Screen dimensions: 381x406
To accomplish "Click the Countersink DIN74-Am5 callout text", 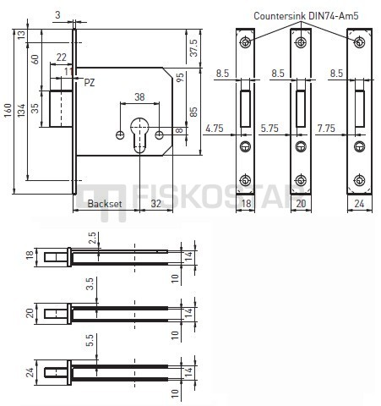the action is pyautogui.click(x=306, y=16).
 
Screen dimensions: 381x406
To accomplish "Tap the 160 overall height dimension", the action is pyautogui.click(x=8, y=110).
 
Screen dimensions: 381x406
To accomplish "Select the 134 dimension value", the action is pyautogui.click(x=21, y=110).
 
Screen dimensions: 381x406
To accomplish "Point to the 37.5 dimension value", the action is pyautogui.click(x=194, y=48).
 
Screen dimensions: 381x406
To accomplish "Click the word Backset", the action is pyautogui.click(x=105, y=204).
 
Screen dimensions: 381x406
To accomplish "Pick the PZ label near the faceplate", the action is pyautogui.click(x=90, y=83).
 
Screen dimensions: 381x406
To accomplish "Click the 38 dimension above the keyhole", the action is pyautogui.click(x=139, y=97).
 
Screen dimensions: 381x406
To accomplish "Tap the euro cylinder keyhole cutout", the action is pyautogui.click(x=139, y=135).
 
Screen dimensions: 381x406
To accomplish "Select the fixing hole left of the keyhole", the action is pyautogui.click(x=120, y=135).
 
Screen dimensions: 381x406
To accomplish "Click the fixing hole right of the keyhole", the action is pyautogui.click(x=160, y=135).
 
